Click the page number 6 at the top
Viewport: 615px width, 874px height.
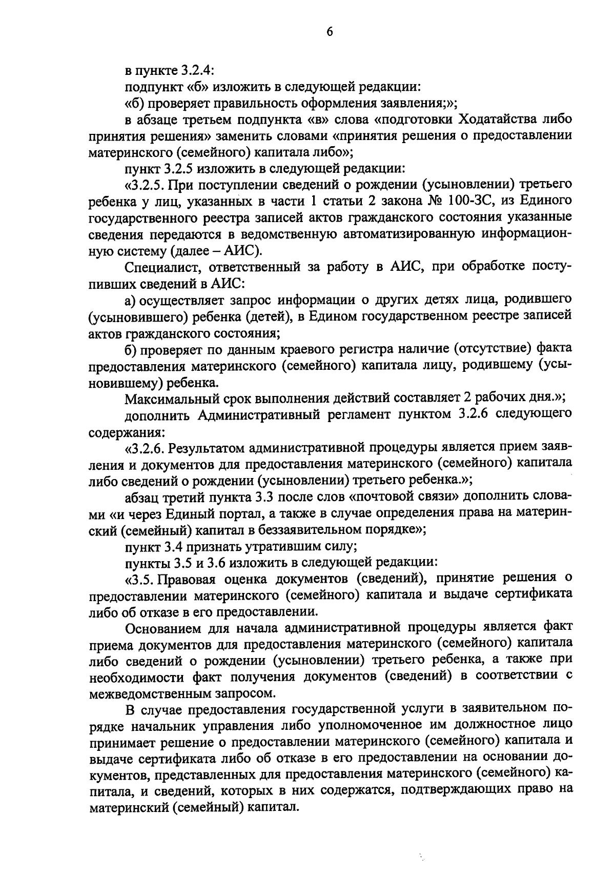click(329, 32)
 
